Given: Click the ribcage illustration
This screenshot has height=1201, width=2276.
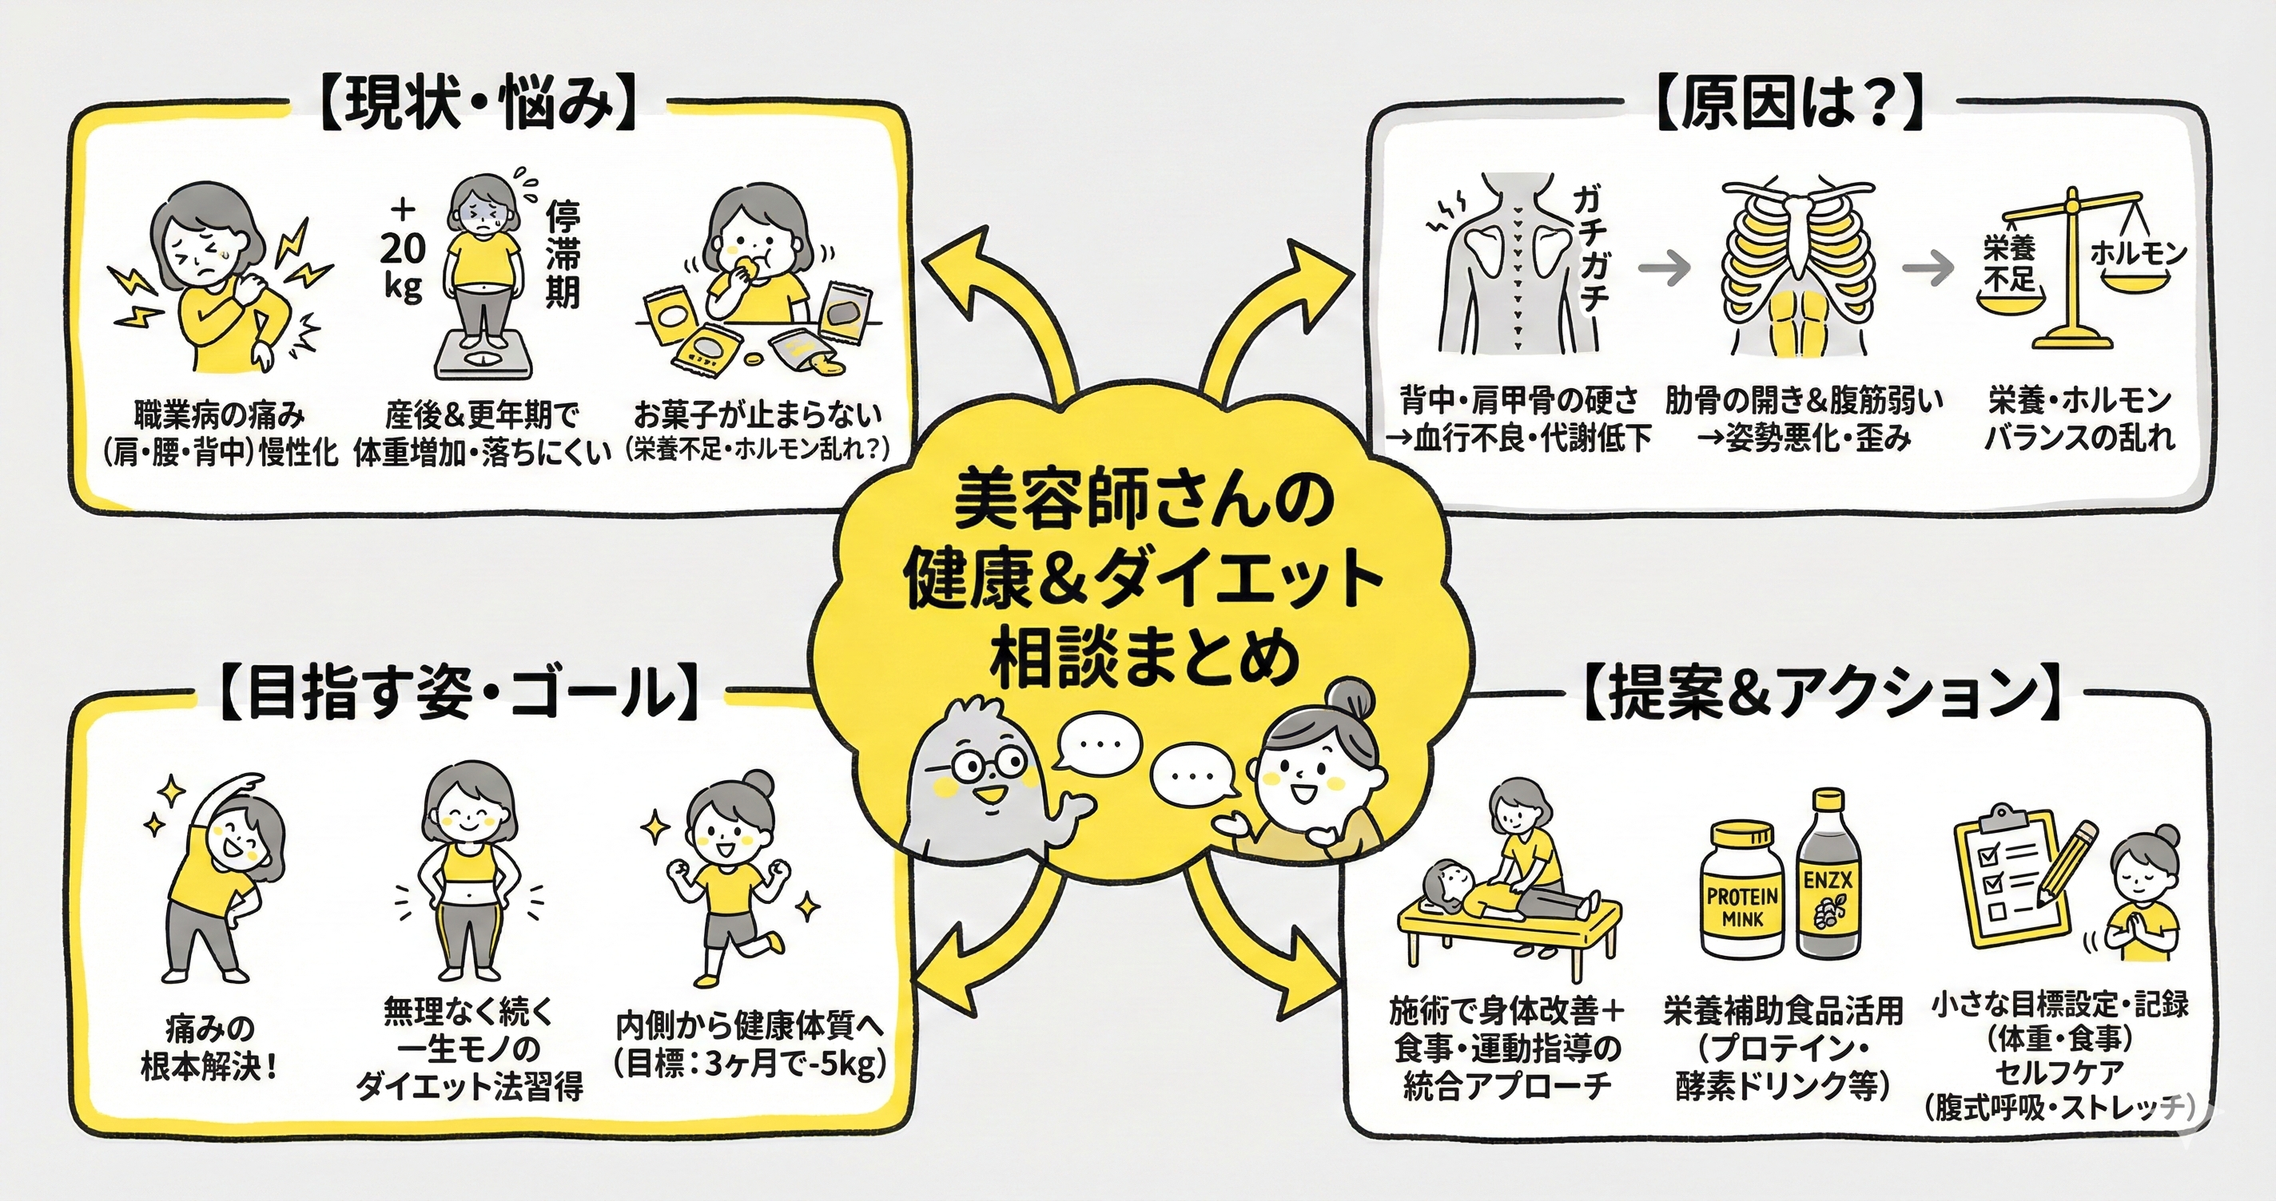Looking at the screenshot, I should pos(1798,265).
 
